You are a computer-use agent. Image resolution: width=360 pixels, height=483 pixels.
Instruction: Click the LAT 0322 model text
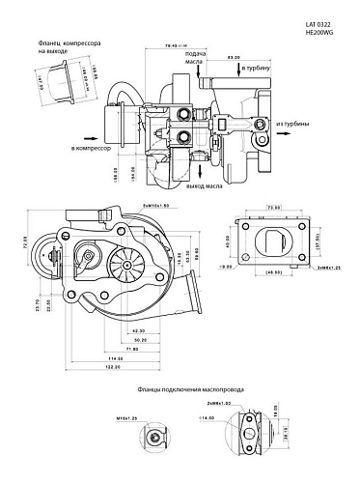tap(319, 18)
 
